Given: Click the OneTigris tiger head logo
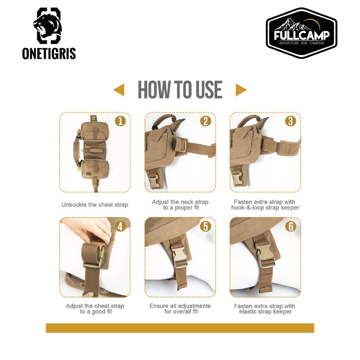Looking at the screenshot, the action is click(x=49, y=25).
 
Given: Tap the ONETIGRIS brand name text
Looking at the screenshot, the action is click(x=49, y=53).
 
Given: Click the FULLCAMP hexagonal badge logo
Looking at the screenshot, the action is click(x=301, y=33).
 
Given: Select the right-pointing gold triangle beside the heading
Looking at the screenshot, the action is click(x=241, y=90).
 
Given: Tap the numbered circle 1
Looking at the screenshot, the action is click(x=120, y=121).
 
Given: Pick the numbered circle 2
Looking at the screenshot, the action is click(x=205, y=121).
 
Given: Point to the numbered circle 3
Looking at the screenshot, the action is click(x=291, y=121).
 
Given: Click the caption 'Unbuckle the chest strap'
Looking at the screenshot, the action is click(x=95, y=205).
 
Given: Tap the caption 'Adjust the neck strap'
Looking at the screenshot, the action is click(x=180, y=202).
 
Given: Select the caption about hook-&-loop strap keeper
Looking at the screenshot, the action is click(x=265, y=205).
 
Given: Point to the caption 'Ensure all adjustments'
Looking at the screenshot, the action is click(x=180, y=306).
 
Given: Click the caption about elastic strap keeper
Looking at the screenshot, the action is click(x=265, y=309).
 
